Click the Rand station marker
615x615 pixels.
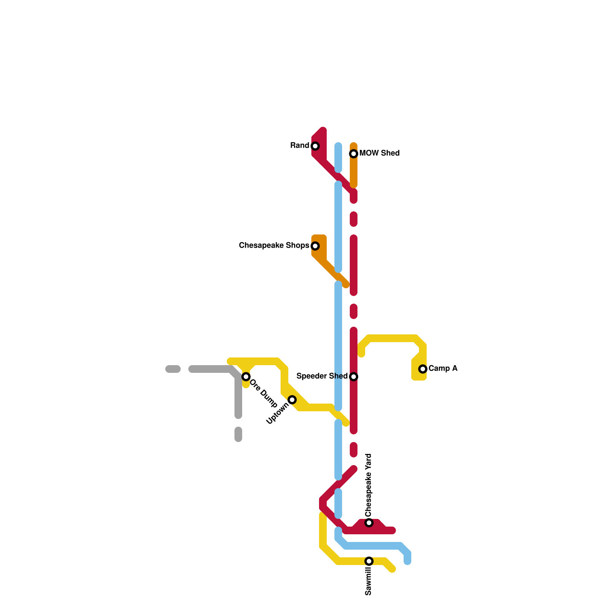[x=315, y=146]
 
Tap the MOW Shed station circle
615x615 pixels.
[x=354, y=154]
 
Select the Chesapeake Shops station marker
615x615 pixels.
[x=315, y=246]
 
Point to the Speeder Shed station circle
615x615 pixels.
[x=354, y=377]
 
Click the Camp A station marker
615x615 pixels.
[x=423, y=369]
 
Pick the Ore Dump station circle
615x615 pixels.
[x=246, y=377]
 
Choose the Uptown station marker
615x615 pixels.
[x=292, y=400]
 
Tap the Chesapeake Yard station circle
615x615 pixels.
[x=369, y=523]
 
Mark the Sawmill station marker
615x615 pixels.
[x=369, y=561]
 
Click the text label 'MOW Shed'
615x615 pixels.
[x=379, y=153]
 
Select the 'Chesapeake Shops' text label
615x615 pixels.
[x=274, y=246]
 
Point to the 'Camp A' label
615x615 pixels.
[x=443, y=369]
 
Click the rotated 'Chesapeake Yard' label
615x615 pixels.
[x=369, y=485]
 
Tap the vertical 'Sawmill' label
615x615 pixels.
[x=369, y=582]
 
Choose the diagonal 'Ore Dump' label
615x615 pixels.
[x=264, y=394]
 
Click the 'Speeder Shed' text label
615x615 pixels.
[x=322, y=376]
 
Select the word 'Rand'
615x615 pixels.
[x=300, y=146]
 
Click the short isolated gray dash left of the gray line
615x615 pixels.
[x=173, y=369]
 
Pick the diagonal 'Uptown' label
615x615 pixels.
[x=278, y=414]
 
